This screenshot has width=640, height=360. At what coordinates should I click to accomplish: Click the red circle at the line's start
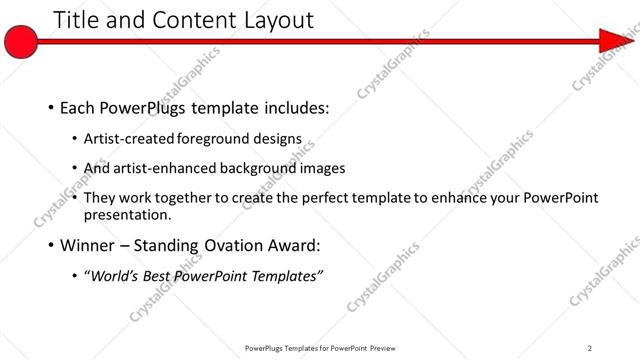(x=21, y=41)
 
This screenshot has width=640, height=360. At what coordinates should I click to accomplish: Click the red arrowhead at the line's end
(x=613, y=41)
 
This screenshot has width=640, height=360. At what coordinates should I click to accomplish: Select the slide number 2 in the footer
(x=589, y=348)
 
